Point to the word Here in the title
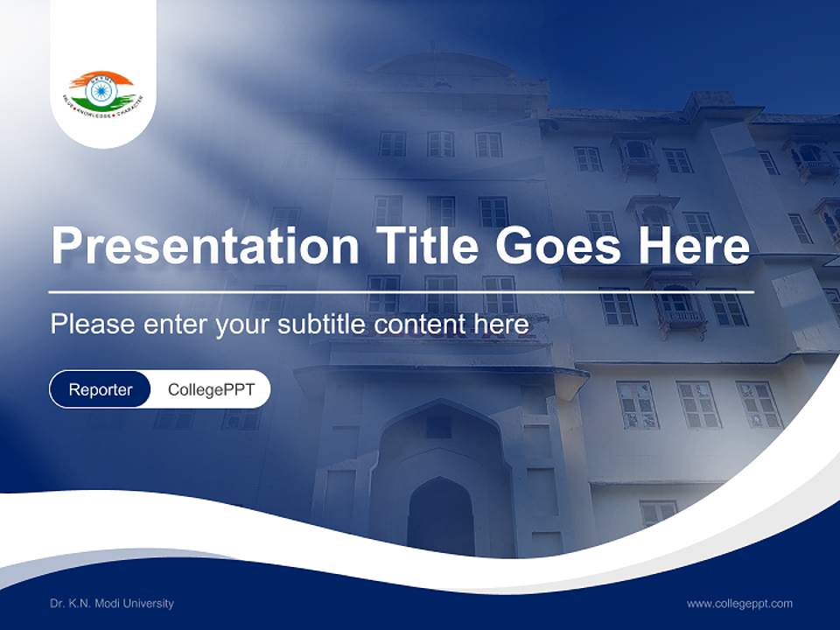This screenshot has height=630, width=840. [x=694, y=246]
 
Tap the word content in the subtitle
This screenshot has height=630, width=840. [x=421, y=325]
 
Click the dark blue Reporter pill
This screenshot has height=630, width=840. [x=101, y=389]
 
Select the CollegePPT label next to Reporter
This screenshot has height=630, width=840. [x=211, y=389]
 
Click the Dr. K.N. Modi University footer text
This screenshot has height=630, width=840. [x=112, y=603]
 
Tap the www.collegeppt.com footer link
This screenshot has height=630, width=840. [x=739, y=603]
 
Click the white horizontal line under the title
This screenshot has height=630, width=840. [x=401, y=291]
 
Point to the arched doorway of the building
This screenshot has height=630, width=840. [x=440, y=516]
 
